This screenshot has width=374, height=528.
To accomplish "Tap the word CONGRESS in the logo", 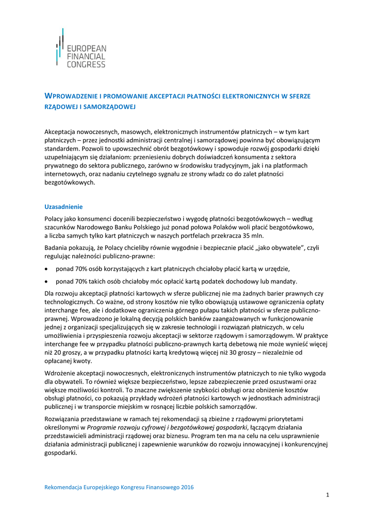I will pyautogui.click(x=86, y=64).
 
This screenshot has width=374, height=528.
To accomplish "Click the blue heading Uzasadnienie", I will pyautogui.click(x=63, y=207).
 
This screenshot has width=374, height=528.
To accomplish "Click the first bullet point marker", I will pyautogui.click(x=47, y=269).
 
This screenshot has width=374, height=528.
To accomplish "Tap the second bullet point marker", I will pyautogui.click(x=47, y=282).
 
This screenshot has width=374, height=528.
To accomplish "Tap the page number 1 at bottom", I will pyautogui.click(x=327, y=495).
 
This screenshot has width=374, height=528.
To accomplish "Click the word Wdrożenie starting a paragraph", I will pyautogui.click(x=60, y=373).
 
